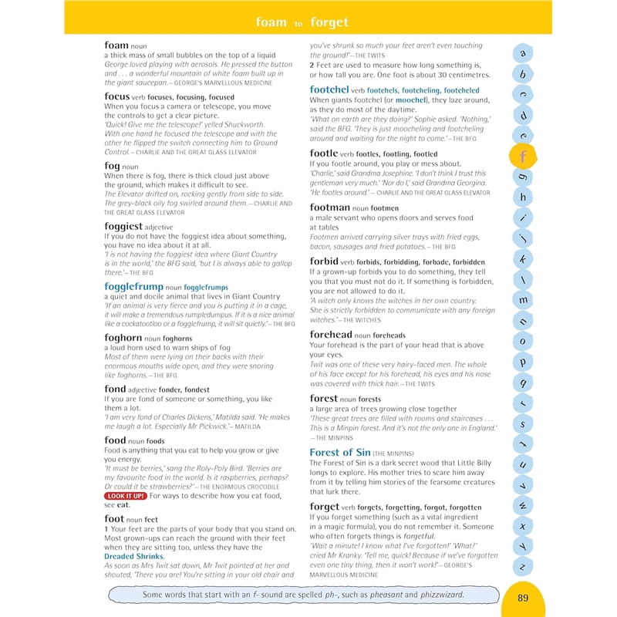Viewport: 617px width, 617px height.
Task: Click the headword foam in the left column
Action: (116, 46)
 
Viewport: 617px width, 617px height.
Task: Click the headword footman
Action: (330, 207)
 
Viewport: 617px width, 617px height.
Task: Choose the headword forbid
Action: (324, 261)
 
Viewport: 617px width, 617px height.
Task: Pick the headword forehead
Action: (331, 335)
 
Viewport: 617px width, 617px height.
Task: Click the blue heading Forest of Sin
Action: (340, 452)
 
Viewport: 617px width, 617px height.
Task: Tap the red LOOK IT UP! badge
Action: (126, 496)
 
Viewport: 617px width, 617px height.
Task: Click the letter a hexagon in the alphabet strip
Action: (524, 53)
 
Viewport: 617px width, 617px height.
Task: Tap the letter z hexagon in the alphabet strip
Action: (524, 567)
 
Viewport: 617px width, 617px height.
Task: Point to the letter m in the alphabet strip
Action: (524, 300)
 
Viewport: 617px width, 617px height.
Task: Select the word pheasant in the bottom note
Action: (400, 595)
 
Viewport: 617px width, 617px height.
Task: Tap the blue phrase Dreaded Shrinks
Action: (134, 556)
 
